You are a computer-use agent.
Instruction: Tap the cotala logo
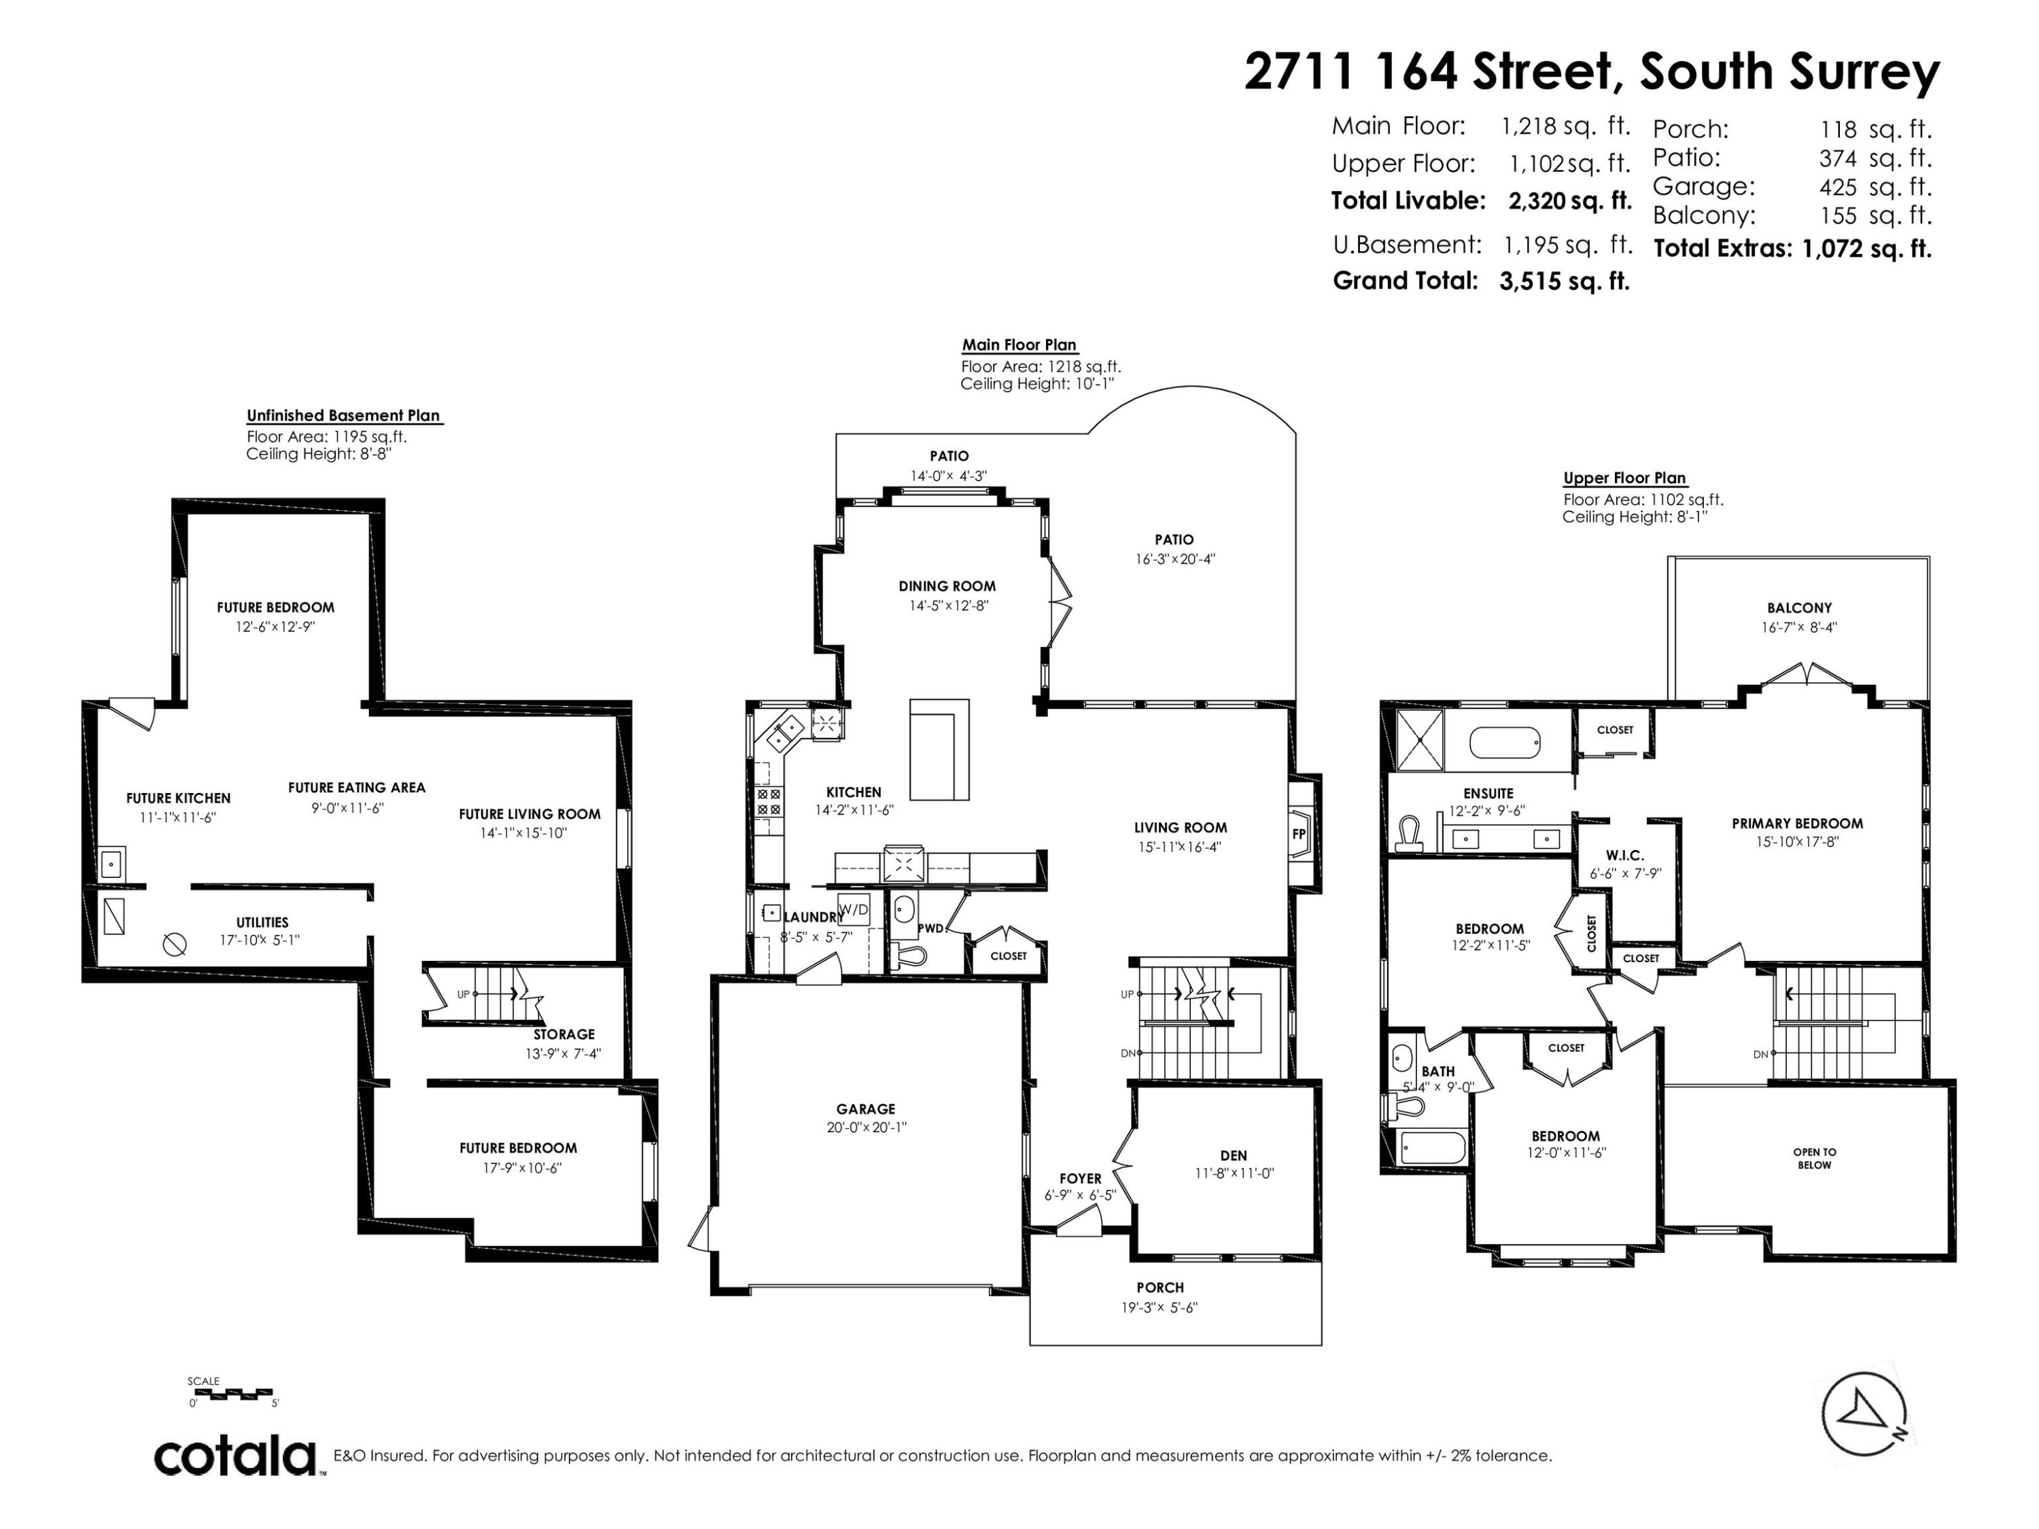pos(236,1457)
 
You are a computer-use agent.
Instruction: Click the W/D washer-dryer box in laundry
pos(854,910)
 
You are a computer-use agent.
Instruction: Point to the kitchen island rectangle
pos(939,750)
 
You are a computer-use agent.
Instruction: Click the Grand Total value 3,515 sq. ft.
pos(1565,281)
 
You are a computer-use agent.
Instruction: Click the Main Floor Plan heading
pos(1019,345)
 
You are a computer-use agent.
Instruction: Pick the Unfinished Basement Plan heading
pos(343,416)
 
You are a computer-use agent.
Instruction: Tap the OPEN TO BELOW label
pos(1814,1159)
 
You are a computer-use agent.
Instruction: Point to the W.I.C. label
pos(1624,856)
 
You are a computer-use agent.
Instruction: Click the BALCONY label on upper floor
pos(1799,608)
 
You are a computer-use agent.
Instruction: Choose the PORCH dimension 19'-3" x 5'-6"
pos(1160,1307)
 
